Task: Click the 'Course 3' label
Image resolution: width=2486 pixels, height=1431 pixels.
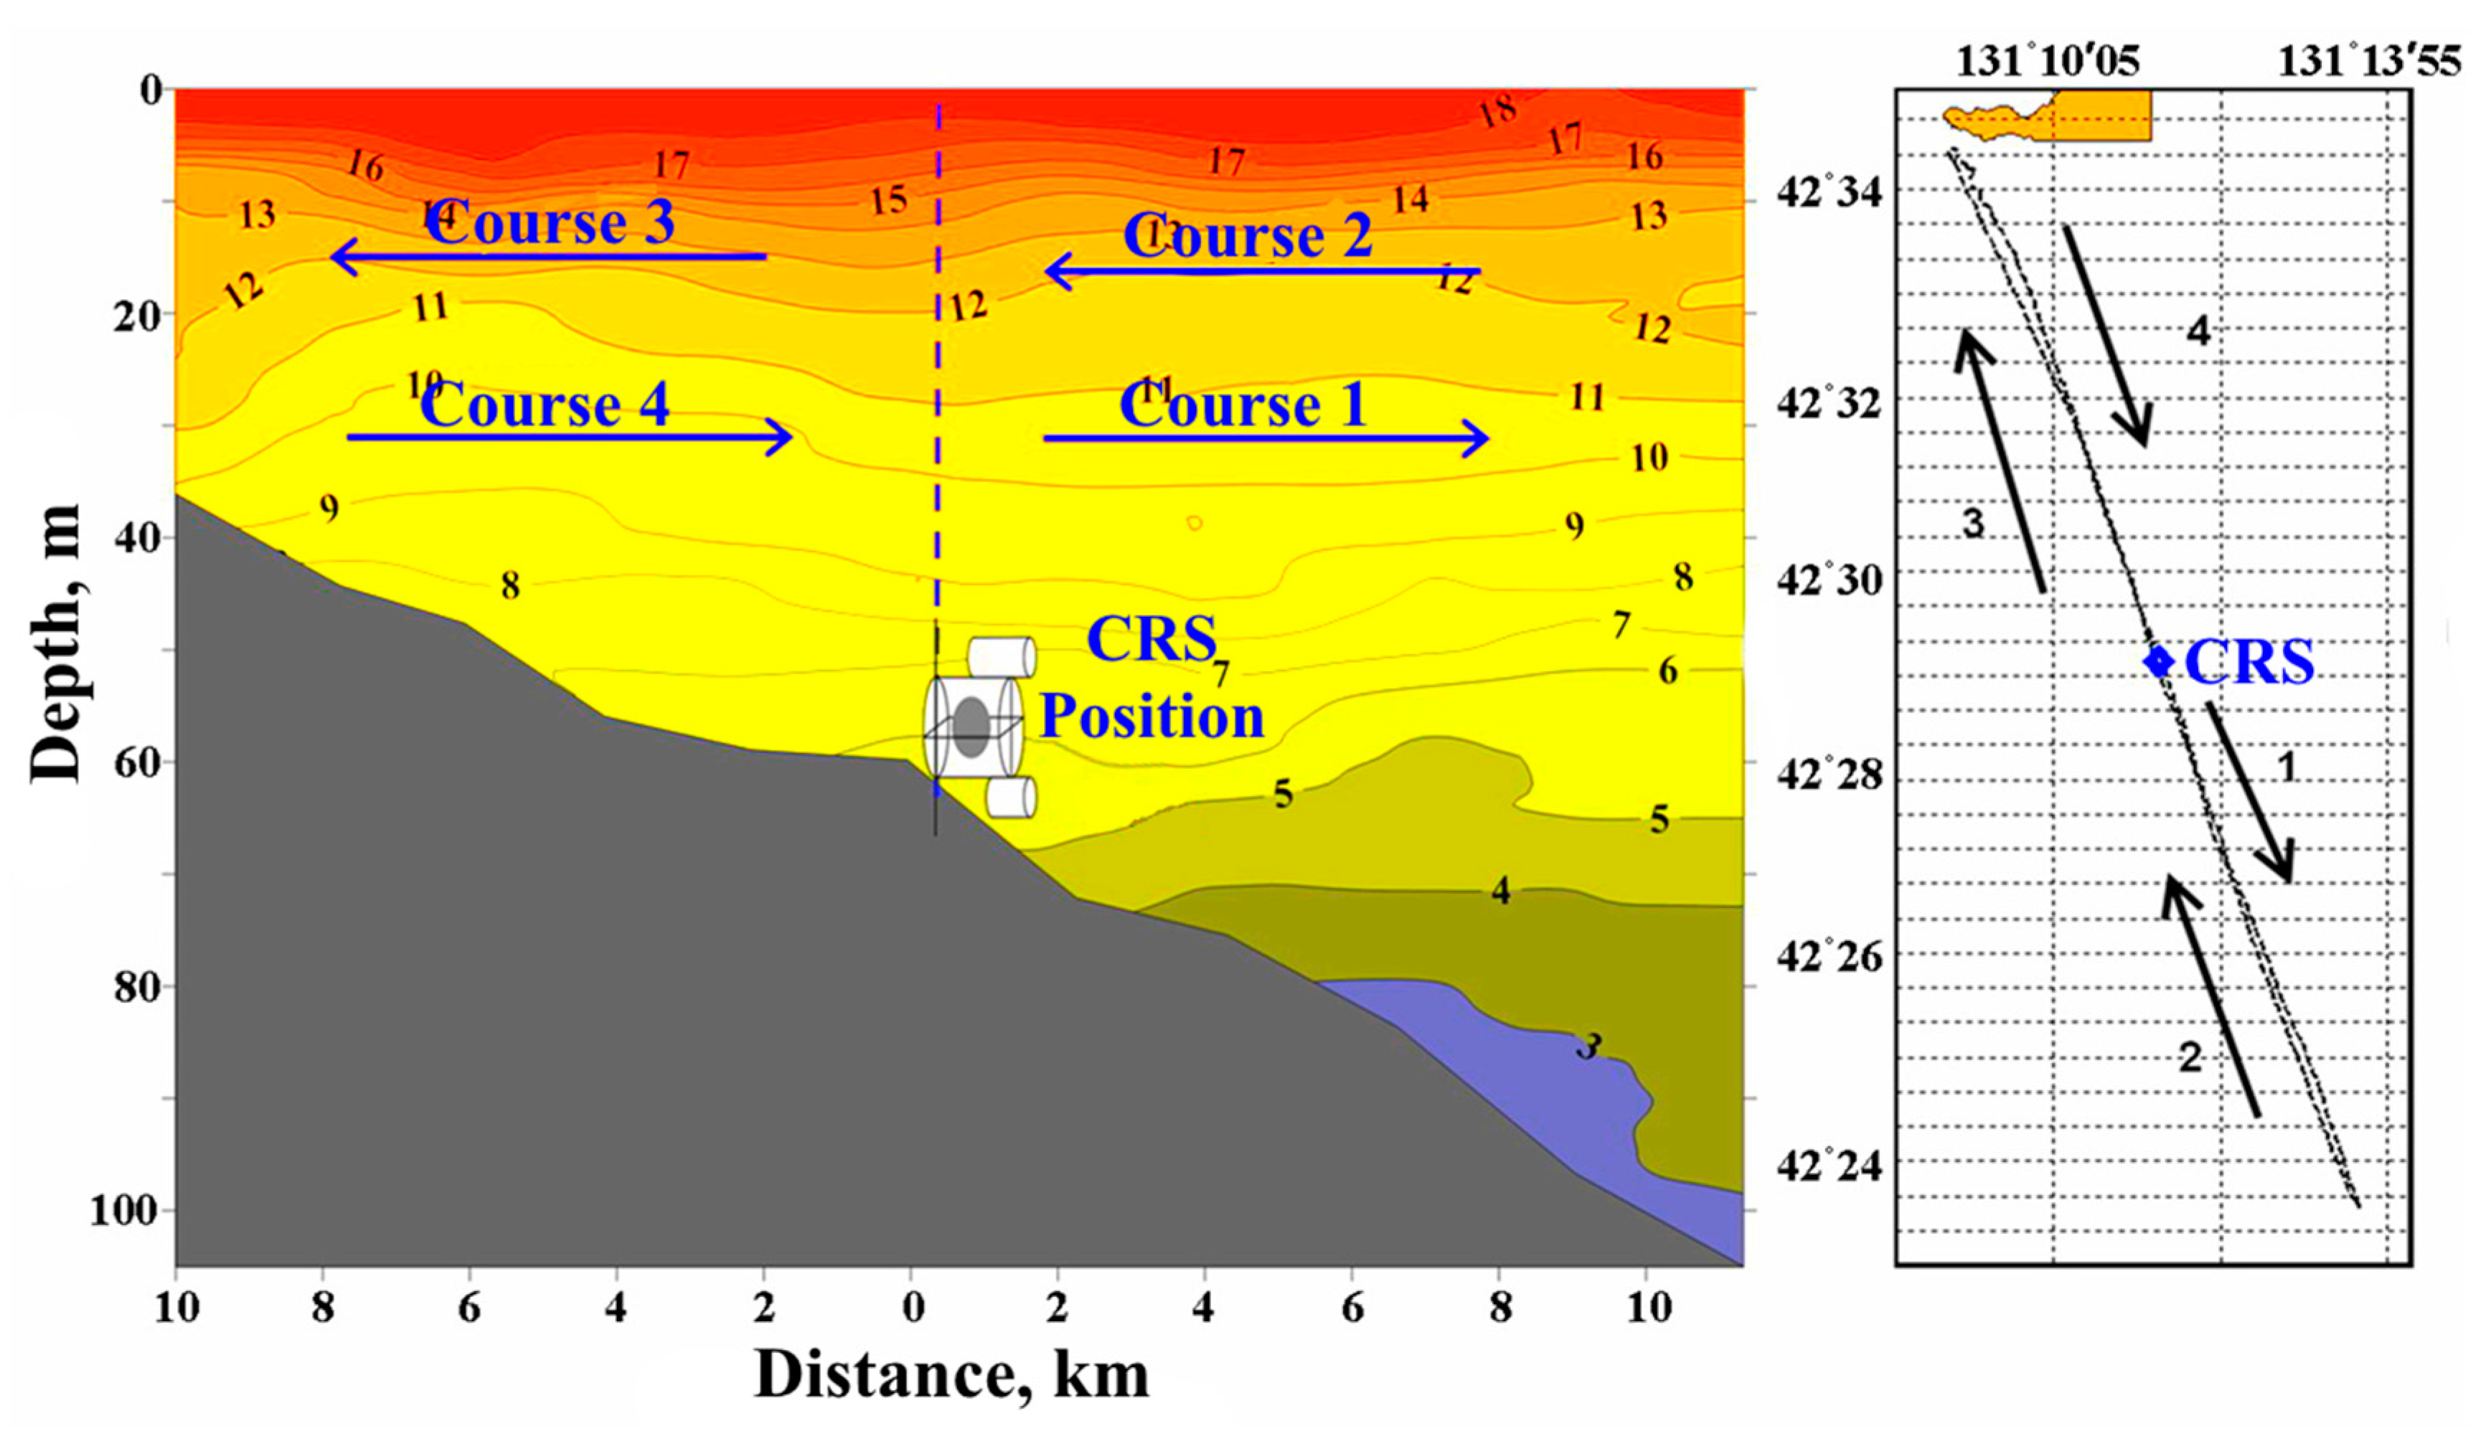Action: tap(550, 222)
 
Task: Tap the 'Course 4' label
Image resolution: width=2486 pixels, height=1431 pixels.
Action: tap(545, 405)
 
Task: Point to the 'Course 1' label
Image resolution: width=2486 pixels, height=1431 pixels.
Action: tap(1243, 405)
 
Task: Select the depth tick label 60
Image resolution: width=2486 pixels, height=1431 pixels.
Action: tap(138, 762)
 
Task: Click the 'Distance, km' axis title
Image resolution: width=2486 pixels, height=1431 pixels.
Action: tap(951, 1374)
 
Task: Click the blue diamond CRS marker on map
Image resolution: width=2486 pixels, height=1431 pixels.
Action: tap(2159, 661)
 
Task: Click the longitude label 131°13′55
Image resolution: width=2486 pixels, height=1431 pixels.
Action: tap(2369, 61)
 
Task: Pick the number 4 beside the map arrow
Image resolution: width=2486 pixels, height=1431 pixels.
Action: tap(2198, 332)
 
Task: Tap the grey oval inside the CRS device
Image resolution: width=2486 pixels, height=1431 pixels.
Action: tap(971, 727)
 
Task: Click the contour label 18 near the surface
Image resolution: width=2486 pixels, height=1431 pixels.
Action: tap(1498, 112)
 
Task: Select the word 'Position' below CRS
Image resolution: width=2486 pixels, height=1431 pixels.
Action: tap(1152, 716)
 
